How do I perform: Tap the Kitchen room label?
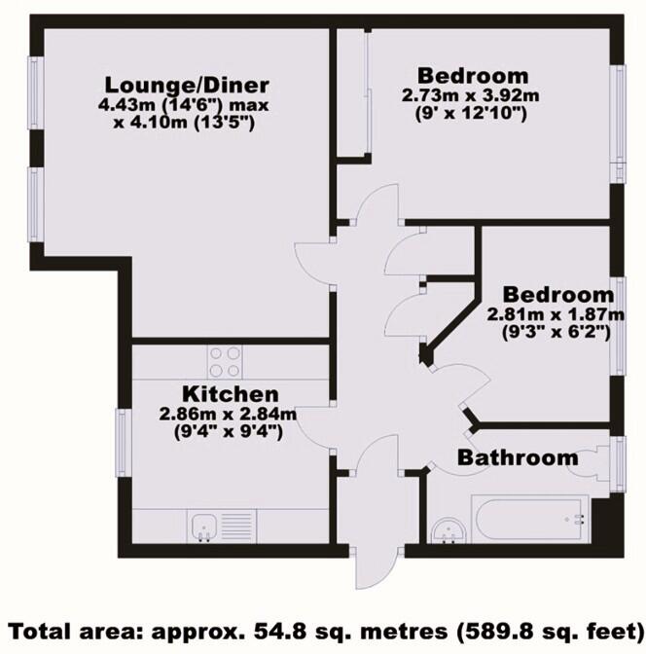coord(232,394)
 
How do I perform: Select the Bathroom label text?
coord(519,457)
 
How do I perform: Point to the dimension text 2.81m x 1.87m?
coord(556,313)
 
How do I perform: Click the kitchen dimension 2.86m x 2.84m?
coord(229,414)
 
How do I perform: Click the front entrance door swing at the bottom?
coord(374,564)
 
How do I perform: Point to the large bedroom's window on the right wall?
coord(616,122)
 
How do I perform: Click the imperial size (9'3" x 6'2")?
coord(556,332)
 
